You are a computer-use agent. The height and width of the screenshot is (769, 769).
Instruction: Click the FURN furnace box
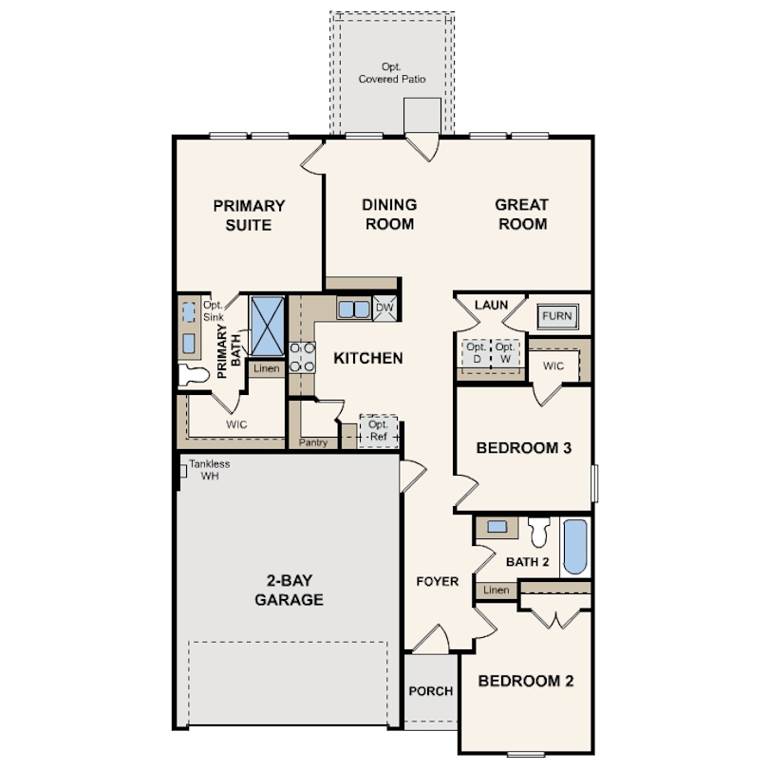coord(557,316)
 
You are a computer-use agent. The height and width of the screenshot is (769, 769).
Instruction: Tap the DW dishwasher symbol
coord(384,308)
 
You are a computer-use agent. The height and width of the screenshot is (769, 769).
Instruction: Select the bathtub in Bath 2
coord(575,547)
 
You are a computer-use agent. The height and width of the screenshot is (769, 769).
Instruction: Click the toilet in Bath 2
coord(539,532)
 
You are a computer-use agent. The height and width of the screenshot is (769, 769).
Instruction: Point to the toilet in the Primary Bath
coord(194,375)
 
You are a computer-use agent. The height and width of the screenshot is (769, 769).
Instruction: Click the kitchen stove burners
coord(302,357)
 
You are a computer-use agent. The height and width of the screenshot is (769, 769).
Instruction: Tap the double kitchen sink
coord(353,309)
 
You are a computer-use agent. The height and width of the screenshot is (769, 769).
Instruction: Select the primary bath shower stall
coord(268,326)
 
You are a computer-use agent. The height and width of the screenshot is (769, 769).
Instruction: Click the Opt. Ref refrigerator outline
coord(378,431)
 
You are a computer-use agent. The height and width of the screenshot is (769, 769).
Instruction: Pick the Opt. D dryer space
coord(477,353)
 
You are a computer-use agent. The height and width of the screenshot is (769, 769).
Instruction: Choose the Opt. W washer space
coord(505,353)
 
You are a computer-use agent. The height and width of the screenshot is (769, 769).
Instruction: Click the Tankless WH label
coord(210,470)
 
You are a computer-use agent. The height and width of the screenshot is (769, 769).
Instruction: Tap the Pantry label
coord(313,442)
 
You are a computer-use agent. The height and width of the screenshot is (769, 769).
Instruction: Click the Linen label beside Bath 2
coord(497,590)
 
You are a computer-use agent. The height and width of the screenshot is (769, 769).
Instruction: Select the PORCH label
coord(431,691)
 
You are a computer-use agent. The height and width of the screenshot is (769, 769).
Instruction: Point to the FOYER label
coord(438,582)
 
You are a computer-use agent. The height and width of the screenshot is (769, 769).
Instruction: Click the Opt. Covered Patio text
coord(392,72)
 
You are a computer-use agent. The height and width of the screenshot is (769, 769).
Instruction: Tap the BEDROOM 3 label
coord(524,448)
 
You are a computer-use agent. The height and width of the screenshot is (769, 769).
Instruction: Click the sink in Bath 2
coord(497,527)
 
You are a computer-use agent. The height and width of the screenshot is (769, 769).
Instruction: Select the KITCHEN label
coord(368,358)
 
